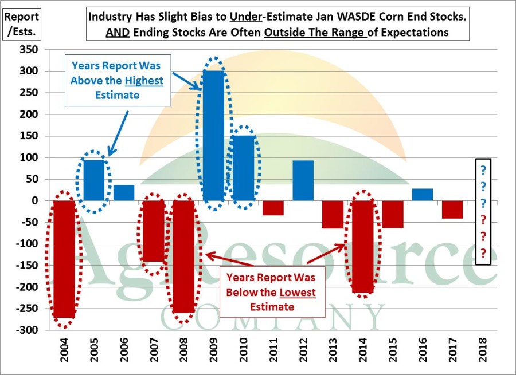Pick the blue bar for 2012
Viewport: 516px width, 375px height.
303,180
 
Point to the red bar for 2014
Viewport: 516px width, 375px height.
363,247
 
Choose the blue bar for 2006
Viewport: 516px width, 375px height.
124,193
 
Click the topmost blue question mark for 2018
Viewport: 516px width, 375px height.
483,170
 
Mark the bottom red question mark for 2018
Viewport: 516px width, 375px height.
483,252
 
